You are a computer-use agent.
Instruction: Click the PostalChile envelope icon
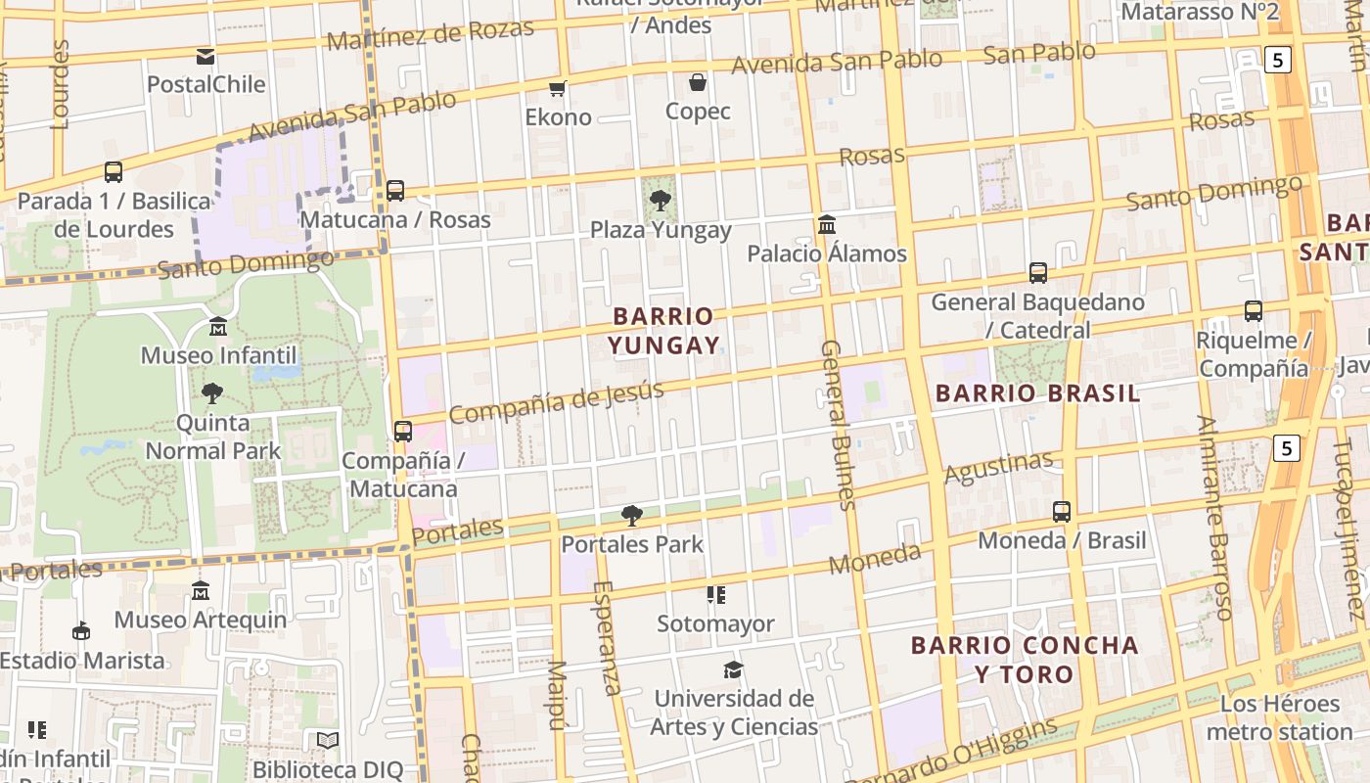click(x=205, y=57)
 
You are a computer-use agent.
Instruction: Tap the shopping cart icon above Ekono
click(x=558, y=89)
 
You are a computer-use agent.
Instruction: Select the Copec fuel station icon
click(x=698, y=82)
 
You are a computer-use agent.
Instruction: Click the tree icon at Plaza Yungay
click(x=661, y=201)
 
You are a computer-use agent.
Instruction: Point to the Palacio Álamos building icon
click(x=827, y=225)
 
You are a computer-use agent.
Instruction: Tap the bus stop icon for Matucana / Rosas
click(x=395, y=191)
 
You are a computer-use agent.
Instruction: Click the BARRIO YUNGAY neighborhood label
click(x=664, y=331)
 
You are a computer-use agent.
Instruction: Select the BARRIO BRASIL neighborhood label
click(x=1038, y=393)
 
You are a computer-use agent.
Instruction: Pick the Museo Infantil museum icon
click(x=218, y=326)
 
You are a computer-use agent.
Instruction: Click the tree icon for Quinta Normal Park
click(x=212, y=393)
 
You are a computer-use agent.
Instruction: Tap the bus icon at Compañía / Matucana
click(x=402, y=431)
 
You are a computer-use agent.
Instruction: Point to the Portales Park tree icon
click(x=632, y=515)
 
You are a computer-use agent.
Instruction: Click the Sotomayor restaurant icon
click(x=716, y=595)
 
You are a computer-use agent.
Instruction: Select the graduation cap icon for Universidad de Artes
click(x=733, y=669)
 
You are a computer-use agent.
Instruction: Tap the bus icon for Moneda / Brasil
click(x=1062, y=511)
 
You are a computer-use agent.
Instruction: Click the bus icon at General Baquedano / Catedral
click(x=1038, y=273)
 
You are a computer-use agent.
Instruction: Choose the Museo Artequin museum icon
click(x=201, y=590)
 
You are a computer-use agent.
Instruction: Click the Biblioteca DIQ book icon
click(x=328, y=741)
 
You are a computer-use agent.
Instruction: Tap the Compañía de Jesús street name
click(x=556, y=402)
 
